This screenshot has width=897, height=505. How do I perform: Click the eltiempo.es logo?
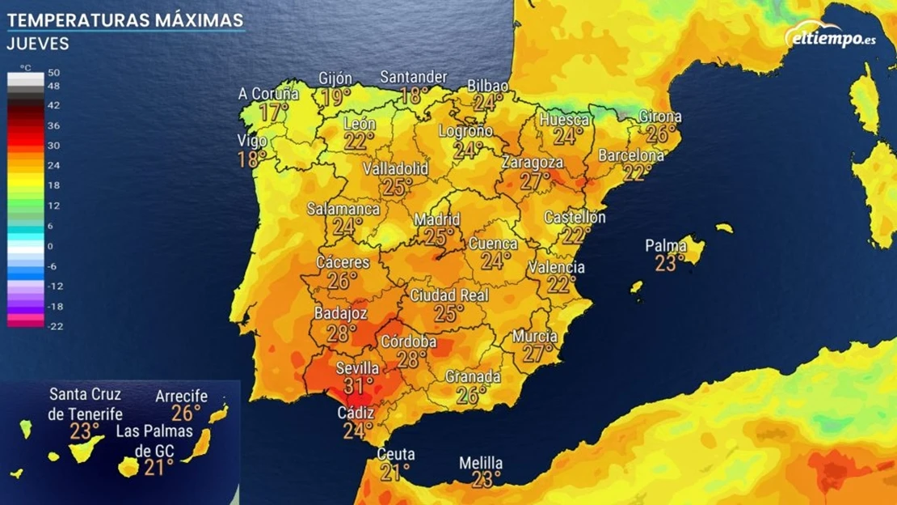[830, 36]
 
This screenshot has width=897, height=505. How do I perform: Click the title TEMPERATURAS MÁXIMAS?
[126, 19]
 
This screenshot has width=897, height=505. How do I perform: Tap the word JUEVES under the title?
[37, 44]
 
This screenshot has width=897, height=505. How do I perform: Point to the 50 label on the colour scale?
[53, 73]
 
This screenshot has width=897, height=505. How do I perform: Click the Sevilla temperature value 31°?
[359, 386]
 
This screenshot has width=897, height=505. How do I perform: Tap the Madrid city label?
[437, 220]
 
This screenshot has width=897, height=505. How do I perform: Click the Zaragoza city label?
[532, 163]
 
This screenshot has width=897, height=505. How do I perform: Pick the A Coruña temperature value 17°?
[274, 112]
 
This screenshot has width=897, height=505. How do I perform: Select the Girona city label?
[660, 117]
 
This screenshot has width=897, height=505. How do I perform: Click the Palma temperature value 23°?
[670, 263]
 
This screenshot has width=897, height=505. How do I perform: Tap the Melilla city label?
[481, 464]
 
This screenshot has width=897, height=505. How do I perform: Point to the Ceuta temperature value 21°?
[395, 472]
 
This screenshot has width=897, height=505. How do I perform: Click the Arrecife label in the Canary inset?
[181, 397]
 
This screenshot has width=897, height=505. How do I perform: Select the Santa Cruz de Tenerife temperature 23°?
[85, 431]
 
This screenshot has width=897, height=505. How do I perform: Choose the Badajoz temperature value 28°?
[342, 333]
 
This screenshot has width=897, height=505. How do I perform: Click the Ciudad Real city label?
[449, 295]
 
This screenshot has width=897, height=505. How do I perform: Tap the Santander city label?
[414, 78]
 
